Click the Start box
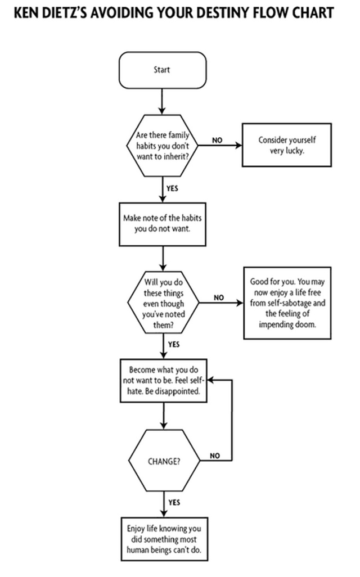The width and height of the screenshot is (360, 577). pos(163,70)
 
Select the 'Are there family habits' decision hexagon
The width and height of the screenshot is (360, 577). pos(163,145)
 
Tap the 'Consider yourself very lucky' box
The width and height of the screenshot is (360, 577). pos(287,145)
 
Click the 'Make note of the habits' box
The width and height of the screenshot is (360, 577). pos(163,224)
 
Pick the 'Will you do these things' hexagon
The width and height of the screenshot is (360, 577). pos(163,303)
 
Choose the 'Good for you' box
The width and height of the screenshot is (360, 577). pos(287,303)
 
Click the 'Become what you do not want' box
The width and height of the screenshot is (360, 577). pos(164,381)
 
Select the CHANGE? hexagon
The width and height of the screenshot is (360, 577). pos(164,461)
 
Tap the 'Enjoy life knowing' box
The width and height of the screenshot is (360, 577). pos(164,539)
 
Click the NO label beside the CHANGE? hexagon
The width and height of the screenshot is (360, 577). pos(215,456)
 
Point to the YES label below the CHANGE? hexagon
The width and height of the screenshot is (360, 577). pos(174,502)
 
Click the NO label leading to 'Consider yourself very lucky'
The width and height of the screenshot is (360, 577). pos(217,140)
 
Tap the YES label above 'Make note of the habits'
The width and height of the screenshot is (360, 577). pos(172,188)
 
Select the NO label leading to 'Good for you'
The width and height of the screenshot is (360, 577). pos(219,297)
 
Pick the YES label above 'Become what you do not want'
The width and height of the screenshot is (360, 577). pos(174,344)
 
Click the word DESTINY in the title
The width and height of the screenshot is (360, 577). pos(225,13)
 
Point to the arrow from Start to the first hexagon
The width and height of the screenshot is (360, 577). pos(162,101)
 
